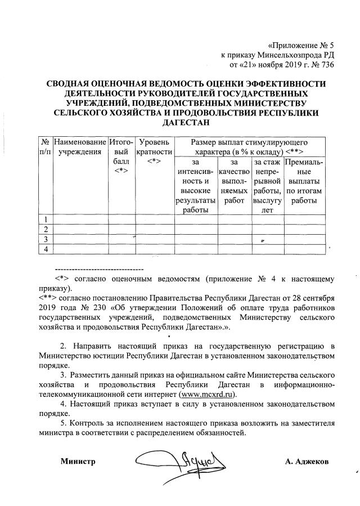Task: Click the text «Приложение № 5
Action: [x=301, y=45]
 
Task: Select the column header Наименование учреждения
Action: [x=79, y=146]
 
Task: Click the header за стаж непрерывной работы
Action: [x=267, y=186]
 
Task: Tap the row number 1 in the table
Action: [x=44, y=219]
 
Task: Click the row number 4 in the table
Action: [x=44, y=249]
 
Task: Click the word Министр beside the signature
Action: [x=78, y=462]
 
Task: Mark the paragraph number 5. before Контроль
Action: [x=64, y=423]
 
